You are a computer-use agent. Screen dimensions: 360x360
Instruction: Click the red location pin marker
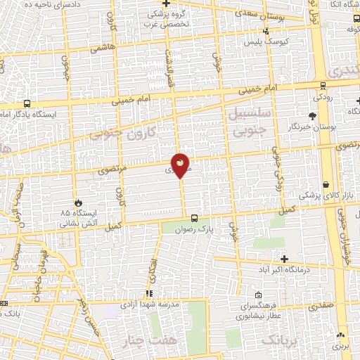(181, 165)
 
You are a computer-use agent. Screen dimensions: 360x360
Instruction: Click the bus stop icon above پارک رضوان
(195, 218)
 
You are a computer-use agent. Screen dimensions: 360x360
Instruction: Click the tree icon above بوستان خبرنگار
(312, 115)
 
